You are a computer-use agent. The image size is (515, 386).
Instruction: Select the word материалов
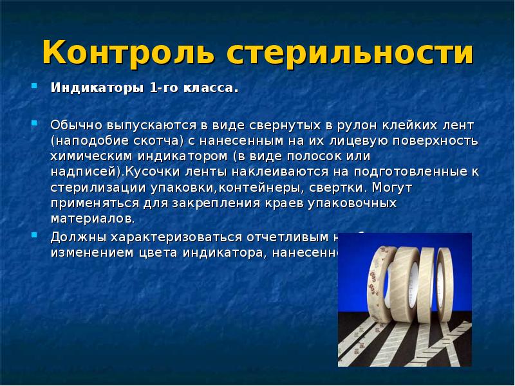pos(92,218)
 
